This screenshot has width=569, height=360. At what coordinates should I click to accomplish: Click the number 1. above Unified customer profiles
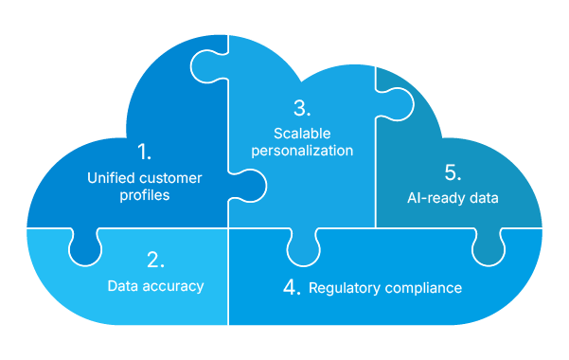pos(144,152)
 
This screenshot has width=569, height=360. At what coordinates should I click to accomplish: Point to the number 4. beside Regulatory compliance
pos(292,287)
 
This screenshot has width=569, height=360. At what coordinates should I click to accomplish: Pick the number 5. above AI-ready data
pos(453,172)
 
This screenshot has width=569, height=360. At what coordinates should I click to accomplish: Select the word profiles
pos(145,195)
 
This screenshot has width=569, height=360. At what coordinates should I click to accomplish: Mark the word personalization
pos(302,151)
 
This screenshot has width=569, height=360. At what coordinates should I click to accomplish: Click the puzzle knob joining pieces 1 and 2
pos(84,248)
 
